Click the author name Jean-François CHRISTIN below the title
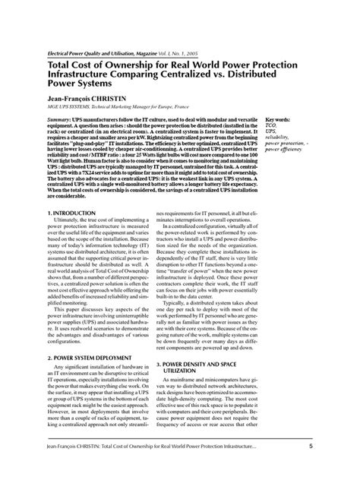[89, 99]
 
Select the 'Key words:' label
[278, 120]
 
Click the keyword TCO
[271, 126]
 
